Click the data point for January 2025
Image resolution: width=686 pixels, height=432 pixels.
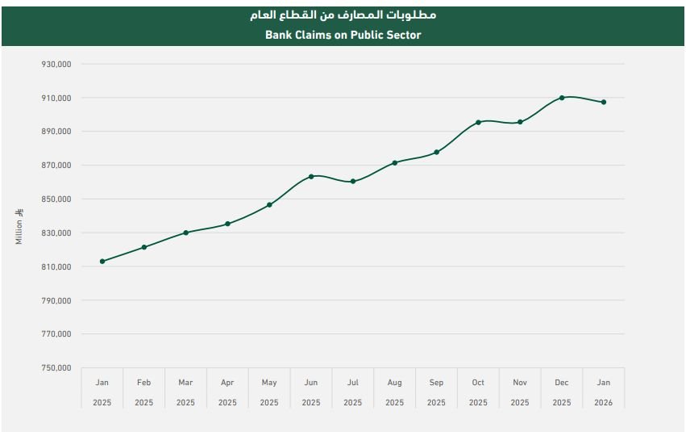pyautogui.click(x=102, y=262)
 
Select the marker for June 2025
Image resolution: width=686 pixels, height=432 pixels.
pyautogui.click(x=311, y=176)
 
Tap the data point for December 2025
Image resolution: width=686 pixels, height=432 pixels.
pyautogui.click(x=562, y=98)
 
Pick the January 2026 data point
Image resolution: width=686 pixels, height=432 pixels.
pyautogui.click(x=604, y=103)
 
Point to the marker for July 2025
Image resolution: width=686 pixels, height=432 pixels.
pyautogui.click(x=353, y=182)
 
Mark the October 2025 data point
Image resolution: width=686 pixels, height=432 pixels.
pyautogui.click(x=478, y=123)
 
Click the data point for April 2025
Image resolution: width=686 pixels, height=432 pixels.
pyautogui.click(x=227, y=224)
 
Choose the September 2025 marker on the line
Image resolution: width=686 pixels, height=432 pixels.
pyautogui.click(x=436, y=152)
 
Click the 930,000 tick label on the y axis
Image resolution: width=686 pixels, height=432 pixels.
pyautogui.click(x=56, y=64)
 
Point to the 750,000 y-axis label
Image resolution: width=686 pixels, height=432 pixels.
pyautogui.click(x=56, y=368)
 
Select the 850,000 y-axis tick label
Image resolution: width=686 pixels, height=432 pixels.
pyautogui.click(x=56, y=199)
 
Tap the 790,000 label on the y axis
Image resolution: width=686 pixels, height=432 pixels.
pyautogui.click(x=56, y=300)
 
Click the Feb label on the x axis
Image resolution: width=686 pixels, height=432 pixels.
pyautogui.click(x=143, y=383)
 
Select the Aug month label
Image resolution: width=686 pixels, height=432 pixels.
pyautogui.click(x=394, y=383)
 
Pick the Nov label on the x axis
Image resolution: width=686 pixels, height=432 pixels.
pyautogui.click(x=520, y=383)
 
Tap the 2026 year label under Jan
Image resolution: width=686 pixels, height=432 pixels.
pyautogui.click(x=604, y=402)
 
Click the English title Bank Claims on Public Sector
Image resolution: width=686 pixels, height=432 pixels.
pyautogui.click(x=343, y=35)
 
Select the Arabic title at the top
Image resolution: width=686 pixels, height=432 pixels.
pyautogui.click(x=343, y=15)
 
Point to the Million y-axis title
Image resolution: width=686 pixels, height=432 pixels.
pyautogui.click(x=19, y=227)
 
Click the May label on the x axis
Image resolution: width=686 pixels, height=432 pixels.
pyautogui.click(x=269, y=383)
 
